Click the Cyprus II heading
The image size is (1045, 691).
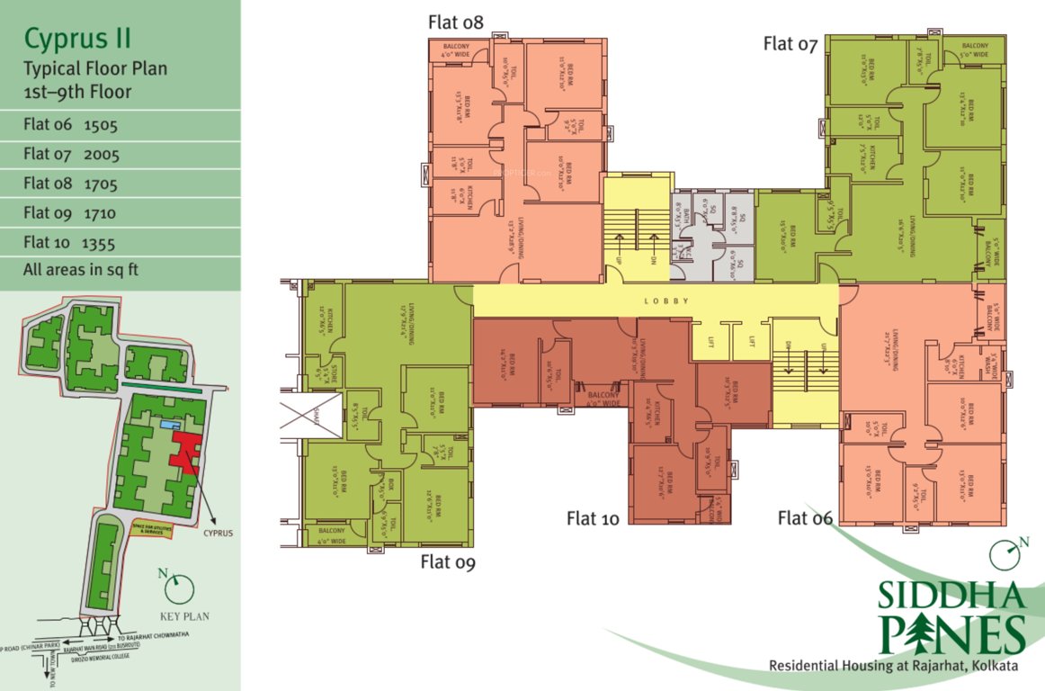tap(77, 39)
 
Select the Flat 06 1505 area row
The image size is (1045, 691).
tap(71, 125)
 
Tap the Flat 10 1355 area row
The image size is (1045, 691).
tap(71, 242)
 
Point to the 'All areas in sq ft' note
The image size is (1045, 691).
tap(81, 269)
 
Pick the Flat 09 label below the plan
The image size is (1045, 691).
tap(448, 562)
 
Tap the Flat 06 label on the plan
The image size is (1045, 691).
tap(805, 517)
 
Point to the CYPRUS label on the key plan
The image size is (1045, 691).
tap(218, 533)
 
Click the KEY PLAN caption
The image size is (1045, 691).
tap(184, 616)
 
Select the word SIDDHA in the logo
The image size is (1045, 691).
tap(952, 597)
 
